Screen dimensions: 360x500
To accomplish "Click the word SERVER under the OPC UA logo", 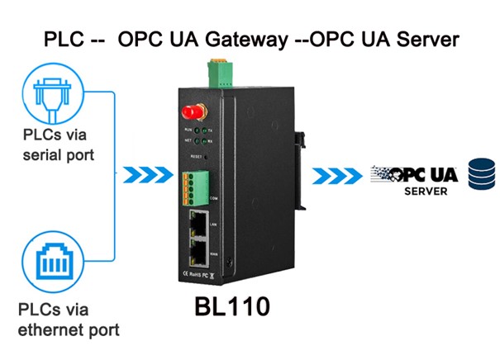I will pos(426,192).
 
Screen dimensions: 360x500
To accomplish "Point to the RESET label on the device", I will pos(196,156).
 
